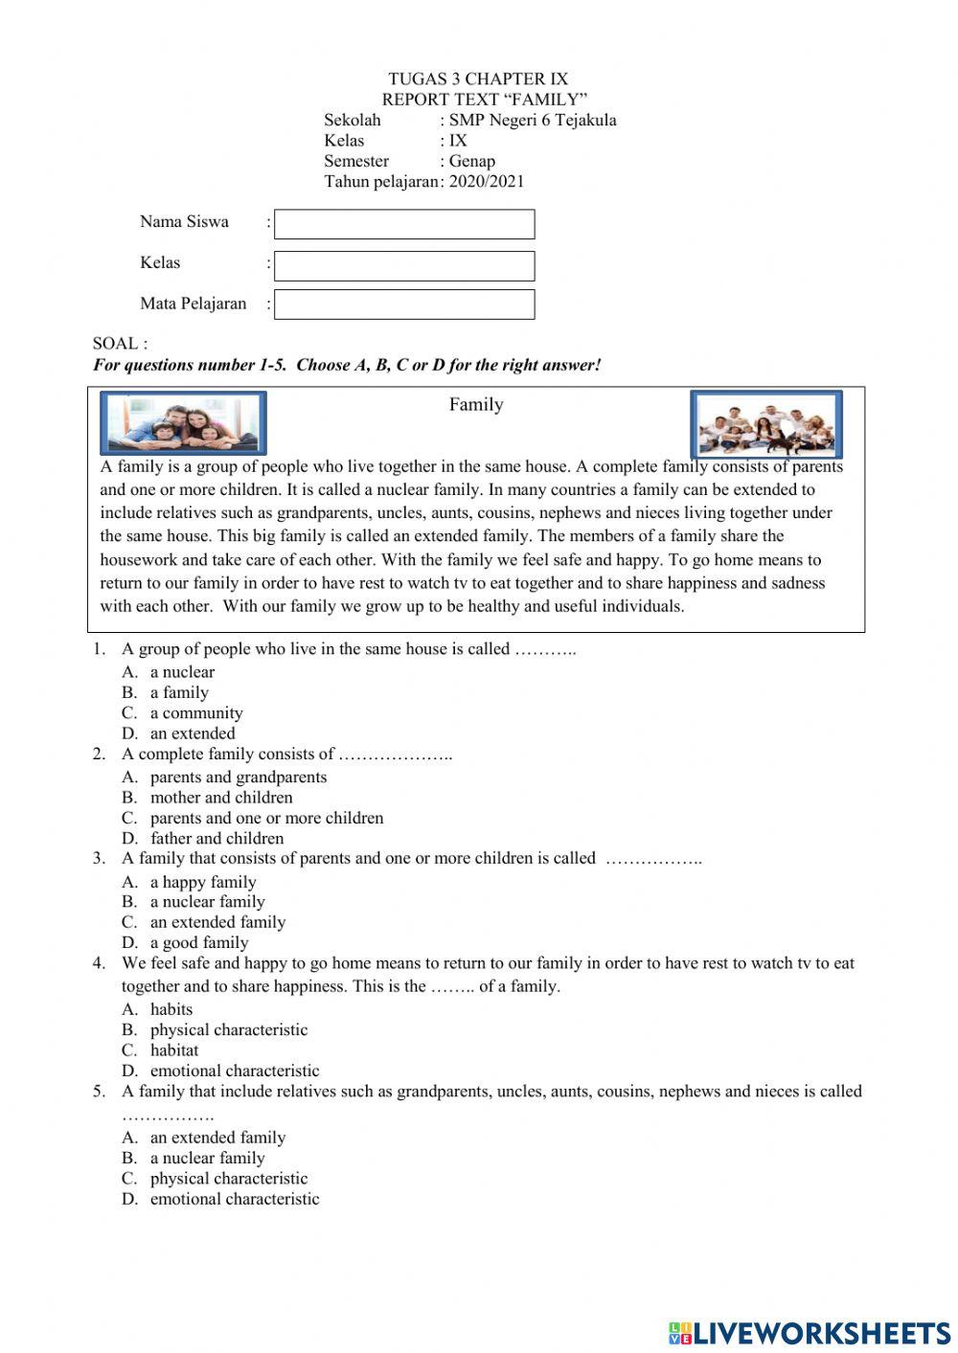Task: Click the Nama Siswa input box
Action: tap(404, 224)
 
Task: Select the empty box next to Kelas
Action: tap(404, 265)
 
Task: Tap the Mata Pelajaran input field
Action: tap(404, 304)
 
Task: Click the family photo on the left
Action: tap(183, 422)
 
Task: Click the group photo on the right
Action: tap(766, 423)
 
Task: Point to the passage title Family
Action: tap(476, 404)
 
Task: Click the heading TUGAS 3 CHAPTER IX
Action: tap(478, 79)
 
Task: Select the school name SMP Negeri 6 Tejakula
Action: tap(533, 120)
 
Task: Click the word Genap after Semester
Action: tap(471, 161)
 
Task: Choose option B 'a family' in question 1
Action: tap(179, 692)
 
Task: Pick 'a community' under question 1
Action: tap(196, 712)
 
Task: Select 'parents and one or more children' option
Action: tap(266, 818)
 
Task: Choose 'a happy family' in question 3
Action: tap(203, 882)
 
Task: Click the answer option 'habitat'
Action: tap(174, 1049)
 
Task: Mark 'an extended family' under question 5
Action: tap(217, 1138)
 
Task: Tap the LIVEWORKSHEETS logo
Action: tap(810, 1333)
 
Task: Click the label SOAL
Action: tap(120, 343)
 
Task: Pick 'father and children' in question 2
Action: tap(217, 838)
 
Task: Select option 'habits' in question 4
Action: tap(171, 1009)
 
